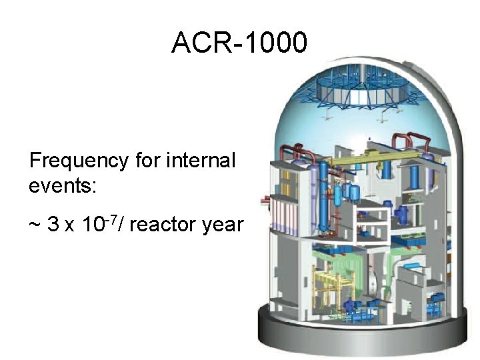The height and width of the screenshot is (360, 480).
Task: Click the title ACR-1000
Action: tap(239, 43)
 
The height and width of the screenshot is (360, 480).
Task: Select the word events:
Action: tap(63, 185)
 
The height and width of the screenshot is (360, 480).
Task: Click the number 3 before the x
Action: tap(53, 225)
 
